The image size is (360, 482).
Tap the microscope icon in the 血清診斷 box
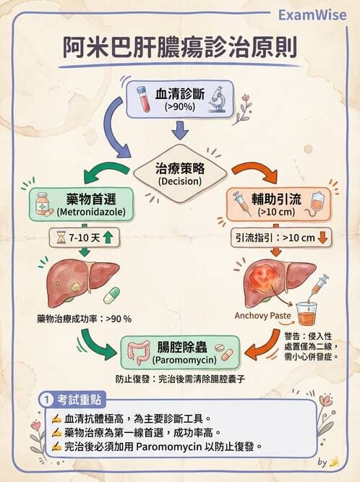216,100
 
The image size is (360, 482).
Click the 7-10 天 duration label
82,237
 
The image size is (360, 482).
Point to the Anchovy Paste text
261,316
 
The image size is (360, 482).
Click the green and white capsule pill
111,295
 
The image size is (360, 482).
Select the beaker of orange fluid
307,314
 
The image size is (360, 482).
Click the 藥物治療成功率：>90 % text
84,318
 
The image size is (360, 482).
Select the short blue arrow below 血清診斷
180,132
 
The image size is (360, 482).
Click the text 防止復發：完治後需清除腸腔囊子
180,378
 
